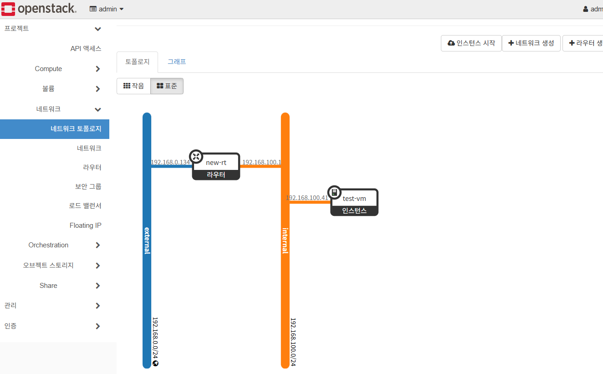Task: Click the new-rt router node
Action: click(216, 166)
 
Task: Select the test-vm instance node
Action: click(354, 202)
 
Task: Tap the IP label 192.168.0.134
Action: click(170, 162)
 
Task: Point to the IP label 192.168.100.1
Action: click(261, 162)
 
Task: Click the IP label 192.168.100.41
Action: click(307, 198)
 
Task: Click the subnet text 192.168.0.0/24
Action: click(155, 338)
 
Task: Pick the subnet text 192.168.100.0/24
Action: click(293, 342)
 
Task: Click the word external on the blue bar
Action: click(147, 240)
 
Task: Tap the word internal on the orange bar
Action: click(286, 240)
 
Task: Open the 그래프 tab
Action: click(177, 62)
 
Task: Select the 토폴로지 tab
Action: click(138, 62)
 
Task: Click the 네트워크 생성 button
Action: click(531, 43)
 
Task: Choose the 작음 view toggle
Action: click(133, 86)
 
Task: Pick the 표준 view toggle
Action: click(167, 86)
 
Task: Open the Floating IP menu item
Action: click(86, 225)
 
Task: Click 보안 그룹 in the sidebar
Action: click(88, 186)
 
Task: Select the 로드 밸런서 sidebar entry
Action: click(85, 206)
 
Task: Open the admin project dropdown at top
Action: click(107, 9)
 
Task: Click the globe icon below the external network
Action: click(156, 363)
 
